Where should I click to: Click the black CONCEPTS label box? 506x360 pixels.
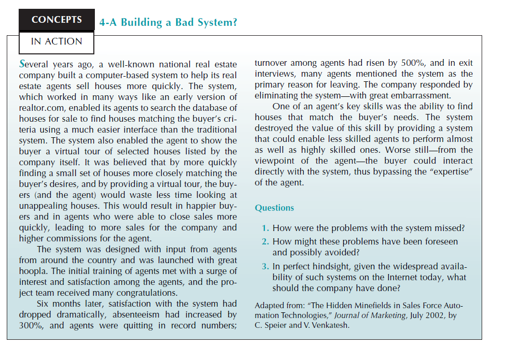click(x=57, y=20)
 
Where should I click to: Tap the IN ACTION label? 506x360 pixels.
click(x=57, y=42)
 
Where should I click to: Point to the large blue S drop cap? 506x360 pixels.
click(x=22, y=64)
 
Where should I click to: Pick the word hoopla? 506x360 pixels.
click(x=34, y=271)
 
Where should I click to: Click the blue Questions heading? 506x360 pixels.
click(x=274, y=208)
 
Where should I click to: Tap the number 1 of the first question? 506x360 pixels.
click(x=265, y=228)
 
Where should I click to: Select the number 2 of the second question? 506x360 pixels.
click(x=265, y=241)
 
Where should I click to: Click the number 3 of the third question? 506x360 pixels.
click(x=265, y=266)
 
